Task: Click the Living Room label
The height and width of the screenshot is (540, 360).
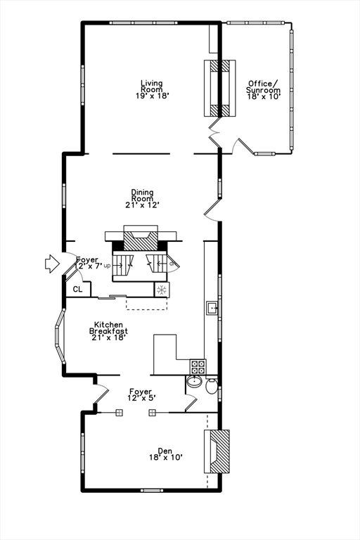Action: coord(151,84)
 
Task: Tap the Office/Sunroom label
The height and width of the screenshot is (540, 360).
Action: coord(264,86)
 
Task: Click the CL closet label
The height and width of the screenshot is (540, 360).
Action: coord(77,289)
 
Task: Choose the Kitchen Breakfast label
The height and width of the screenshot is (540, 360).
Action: coord(108,330)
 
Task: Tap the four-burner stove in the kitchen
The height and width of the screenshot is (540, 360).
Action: coord(198,366)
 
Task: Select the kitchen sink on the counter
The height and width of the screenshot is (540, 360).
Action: coord(210,307)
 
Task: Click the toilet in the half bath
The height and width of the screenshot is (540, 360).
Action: coord(210,385)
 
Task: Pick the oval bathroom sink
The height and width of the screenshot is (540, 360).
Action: coord(194,384)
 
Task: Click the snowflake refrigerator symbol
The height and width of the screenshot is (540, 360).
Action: coord(162,289)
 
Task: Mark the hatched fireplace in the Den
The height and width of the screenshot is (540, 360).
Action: coord(219,451)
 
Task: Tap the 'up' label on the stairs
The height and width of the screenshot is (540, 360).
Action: coord(107,266)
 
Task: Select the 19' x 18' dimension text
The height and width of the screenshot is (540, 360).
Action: coord(152,94)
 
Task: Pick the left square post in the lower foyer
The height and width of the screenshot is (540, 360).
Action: coord(119,413)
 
